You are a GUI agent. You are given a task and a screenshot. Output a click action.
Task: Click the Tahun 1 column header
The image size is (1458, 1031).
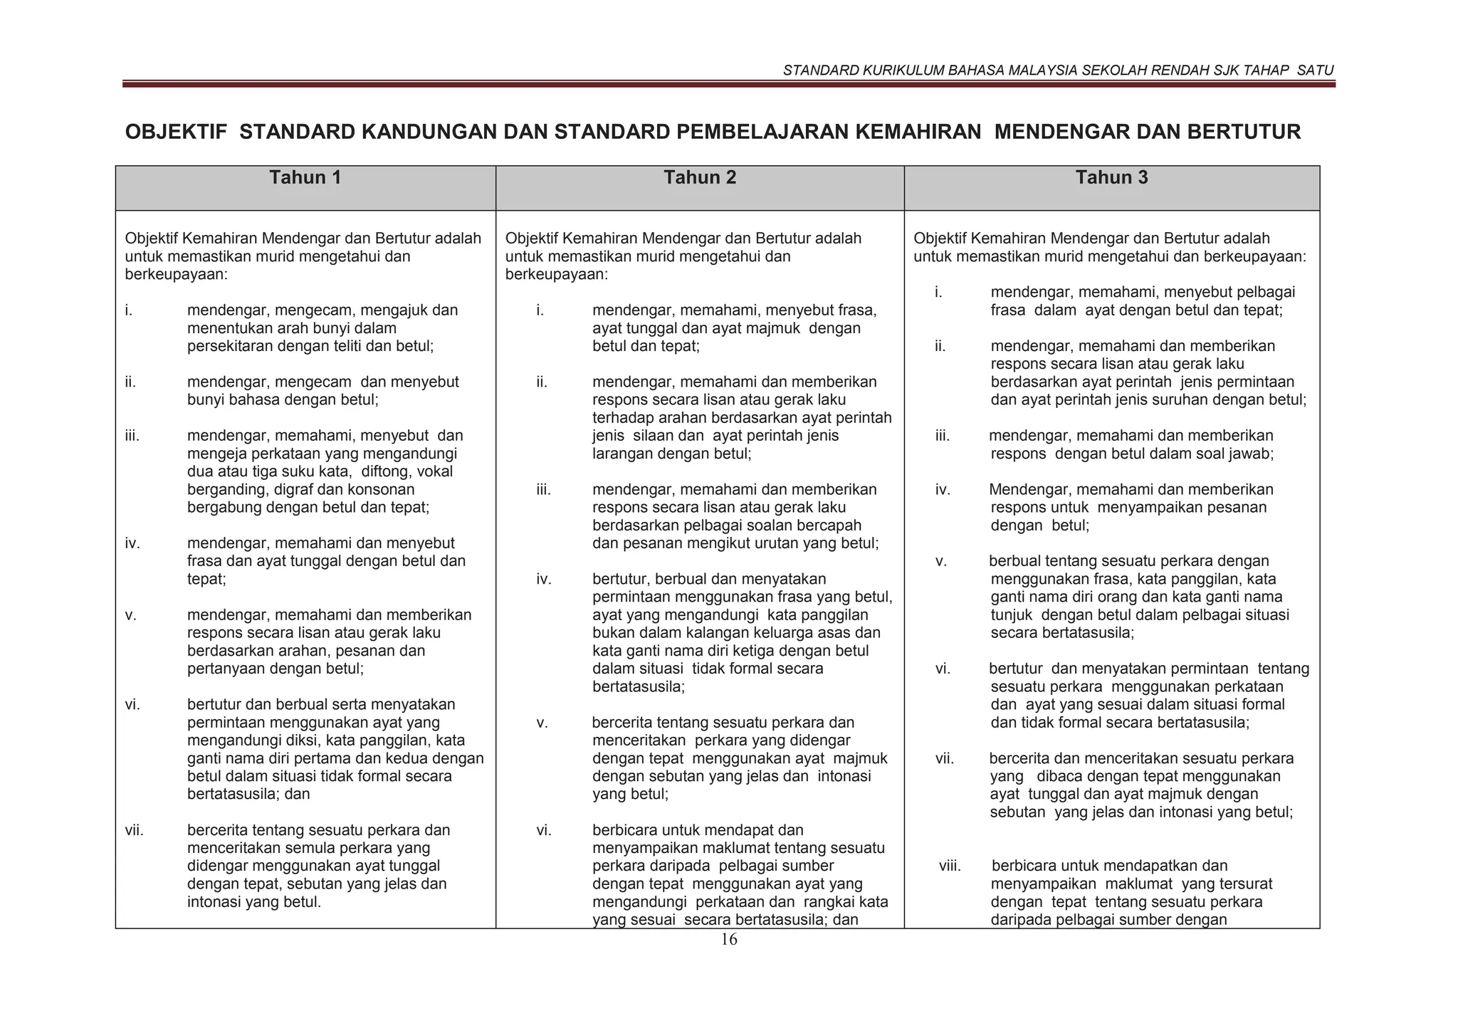(305, 178)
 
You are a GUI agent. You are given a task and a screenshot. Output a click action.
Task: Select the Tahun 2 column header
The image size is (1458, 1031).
(700, 178)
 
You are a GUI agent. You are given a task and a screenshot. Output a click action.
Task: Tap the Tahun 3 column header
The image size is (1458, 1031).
(1111, 178)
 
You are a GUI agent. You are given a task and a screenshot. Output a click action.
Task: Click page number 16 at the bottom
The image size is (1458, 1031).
(729, 940)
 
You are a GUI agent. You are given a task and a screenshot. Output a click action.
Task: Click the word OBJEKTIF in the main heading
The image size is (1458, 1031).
(176, 132)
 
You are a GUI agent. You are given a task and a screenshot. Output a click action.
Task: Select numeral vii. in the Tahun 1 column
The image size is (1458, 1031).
(134, 830)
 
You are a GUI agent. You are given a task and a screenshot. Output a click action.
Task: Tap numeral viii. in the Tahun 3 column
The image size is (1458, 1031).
(950, 867)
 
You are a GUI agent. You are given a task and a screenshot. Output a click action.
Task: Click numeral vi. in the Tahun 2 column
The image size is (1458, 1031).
(544, 830)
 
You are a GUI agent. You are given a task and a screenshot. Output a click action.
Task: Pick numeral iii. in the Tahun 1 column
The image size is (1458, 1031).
(132, 436)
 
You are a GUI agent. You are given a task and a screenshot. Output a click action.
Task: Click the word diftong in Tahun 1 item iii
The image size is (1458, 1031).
(387, 472)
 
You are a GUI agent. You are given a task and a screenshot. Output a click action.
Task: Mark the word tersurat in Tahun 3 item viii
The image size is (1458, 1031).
(1246, 884)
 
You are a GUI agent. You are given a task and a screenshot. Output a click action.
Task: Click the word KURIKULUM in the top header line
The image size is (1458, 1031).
(896, 70)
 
